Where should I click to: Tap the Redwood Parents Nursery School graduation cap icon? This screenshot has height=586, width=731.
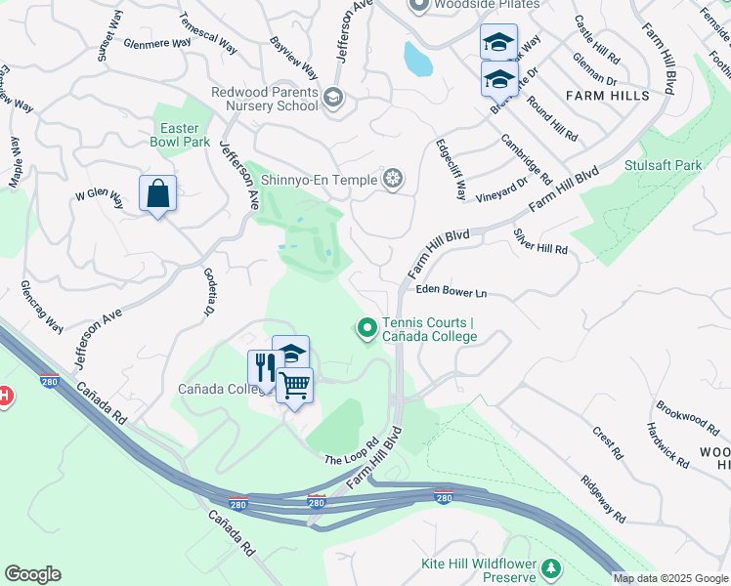[x=333, y=96]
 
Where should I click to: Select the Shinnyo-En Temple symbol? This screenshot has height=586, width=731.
[x=393, y=178]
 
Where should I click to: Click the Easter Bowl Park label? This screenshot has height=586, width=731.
[x=180, y=134]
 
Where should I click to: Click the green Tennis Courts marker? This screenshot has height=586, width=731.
[x=367, y=329]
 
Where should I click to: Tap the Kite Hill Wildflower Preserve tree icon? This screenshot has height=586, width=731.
[x=552, y=567]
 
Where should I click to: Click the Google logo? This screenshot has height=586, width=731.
[x=32, y=574]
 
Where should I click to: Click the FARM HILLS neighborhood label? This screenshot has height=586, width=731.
[x=607, y=96]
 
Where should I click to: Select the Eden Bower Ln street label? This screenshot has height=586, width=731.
[x=451, y=291]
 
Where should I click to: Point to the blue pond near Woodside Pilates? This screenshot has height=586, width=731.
[x=417, y=60]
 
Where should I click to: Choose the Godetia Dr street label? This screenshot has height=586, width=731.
[x=207, y=292]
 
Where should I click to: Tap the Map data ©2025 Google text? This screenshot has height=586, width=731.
[x=670, y=578]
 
